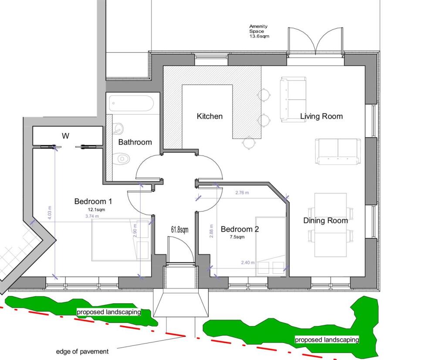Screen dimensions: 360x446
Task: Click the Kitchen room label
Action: pyautogui.click(x=209, y=116)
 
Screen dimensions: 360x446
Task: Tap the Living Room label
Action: pyautogui.click(x=321, y=116)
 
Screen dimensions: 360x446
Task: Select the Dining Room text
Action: pyautogui.click(x=325, y=221)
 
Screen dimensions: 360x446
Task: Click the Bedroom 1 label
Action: pyautogui.click(x=93, y=201)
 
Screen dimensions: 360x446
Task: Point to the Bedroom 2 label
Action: pyautogui.click(x=240, y=229)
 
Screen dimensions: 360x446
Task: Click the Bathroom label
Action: pyautogui.click(x=135, y=142)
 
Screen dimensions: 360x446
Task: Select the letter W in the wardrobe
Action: pyautogui.click(x=65, y=136)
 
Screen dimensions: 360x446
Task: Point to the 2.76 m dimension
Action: pyautogui.click(x=242, y=193)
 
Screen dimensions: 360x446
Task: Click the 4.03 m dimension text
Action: pyautogui.click(x=51, y=214)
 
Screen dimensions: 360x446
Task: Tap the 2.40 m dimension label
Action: pyautogui.click(x=248, y=262)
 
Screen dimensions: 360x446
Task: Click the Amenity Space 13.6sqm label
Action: pyautogui.click(x=259, y=31)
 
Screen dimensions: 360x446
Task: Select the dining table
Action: pyautogui.click(x=331, y=225)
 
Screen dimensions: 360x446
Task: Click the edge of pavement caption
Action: pyautogui.click(x=82, y=351)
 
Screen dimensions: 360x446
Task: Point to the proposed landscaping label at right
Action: pyautogui.click(x=327, y=340)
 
